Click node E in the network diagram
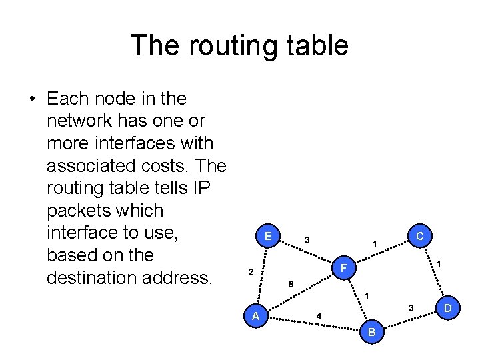pos(267,236)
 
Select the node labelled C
pos(419,236)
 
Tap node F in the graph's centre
pos(343,269)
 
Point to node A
pos(256,316)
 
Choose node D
pos(448,308)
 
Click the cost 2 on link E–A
pos(250,272)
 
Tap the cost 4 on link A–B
pos(319,315)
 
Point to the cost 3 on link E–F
pos(306,239)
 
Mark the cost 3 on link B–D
pos(411,307)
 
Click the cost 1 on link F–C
pos(375,245)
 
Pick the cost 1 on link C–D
pos(439,265)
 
